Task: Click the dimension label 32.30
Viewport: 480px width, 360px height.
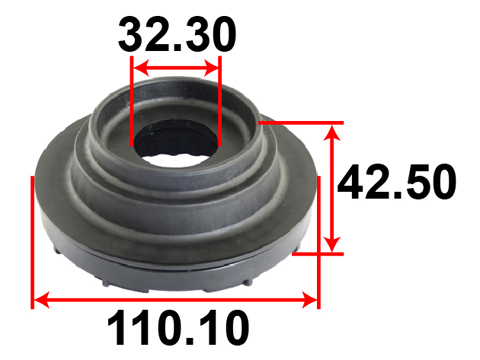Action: click(x=177, y=35)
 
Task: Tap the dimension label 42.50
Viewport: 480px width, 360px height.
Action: click(x=397, y=182)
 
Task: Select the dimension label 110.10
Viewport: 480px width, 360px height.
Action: click(x=178, y=328)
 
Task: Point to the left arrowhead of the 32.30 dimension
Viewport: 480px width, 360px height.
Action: click(x=141, y=68)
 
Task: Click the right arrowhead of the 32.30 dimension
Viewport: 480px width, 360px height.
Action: click(x=212, y=68)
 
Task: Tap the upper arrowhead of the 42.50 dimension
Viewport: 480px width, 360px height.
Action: click(x=332, y=132)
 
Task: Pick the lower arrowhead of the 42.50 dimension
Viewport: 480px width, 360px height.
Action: click(x=332, y=244)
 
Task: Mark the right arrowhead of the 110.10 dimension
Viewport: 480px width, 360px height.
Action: click(x=309, y=300)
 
